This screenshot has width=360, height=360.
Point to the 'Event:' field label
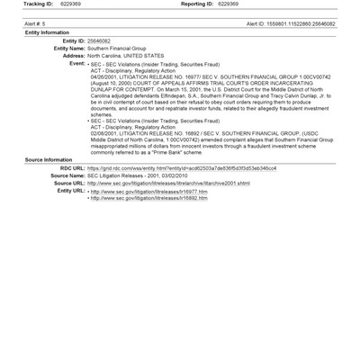(x=76, y=64)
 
